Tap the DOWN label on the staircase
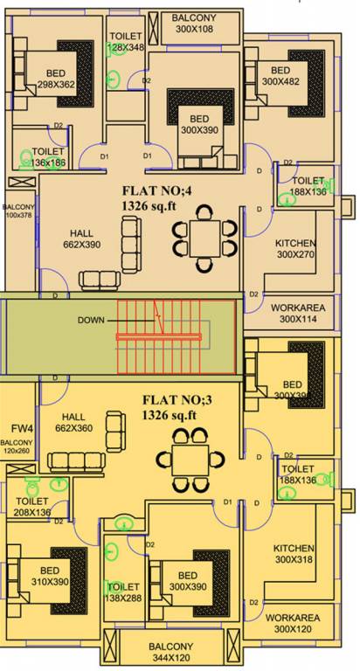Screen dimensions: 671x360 [x=91, y=320]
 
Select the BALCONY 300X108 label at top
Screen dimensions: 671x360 [x=194, y=23]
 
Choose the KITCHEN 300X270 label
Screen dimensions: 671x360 [x=295, y=249]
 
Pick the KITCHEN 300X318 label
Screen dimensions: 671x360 [x=294, y=552]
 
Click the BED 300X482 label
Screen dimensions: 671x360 [x=280, y=76]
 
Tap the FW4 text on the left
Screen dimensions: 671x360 [x=22, y=429]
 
